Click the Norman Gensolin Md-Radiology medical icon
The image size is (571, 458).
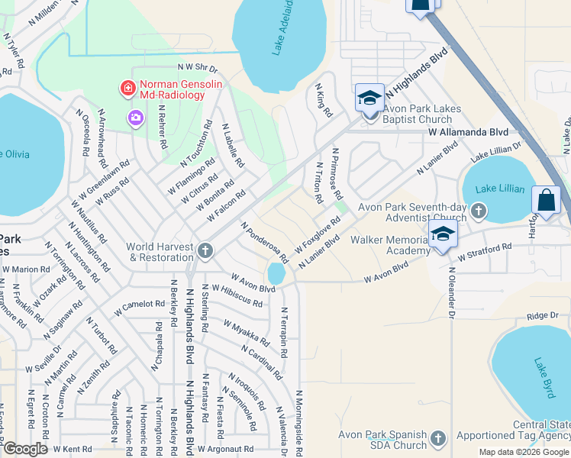coord(127,89)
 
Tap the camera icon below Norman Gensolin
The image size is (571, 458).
coord(136,117)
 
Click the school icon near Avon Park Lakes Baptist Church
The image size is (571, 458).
coord(369,99)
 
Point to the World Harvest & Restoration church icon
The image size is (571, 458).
coord(204,250)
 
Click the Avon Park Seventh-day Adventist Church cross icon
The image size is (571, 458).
coord(478,210)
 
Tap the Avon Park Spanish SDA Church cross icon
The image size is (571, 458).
coord(437,438)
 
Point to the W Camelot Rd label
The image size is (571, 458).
coord(140,308)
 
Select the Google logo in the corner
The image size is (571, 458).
coord(25,450)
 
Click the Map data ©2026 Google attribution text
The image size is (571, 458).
coord(523,452)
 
